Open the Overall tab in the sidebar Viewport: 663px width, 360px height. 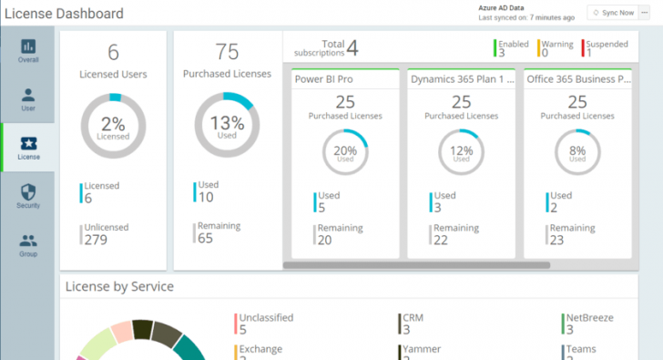point(28,51)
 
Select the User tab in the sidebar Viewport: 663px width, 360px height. point(28,100)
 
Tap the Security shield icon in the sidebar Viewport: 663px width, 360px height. point(28,192)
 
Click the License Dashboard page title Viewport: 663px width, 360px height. point(64,14)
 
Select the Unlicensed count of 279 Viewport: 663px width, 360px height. point(95,240)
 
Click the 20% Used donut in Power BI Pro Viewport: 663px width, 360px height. point(345,153)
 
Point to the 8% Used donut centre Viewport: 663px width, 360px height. point(577,153)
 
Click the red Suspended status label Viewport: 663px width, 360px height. point(607,44)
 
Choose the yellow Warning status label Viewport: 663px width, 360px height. point(557,44)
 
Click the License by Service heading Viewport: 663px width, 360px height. point(119,287)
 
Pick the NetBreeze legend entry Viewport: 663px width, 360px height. point(589,317)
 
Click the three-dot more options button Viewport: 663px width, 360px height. point(646,13)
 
